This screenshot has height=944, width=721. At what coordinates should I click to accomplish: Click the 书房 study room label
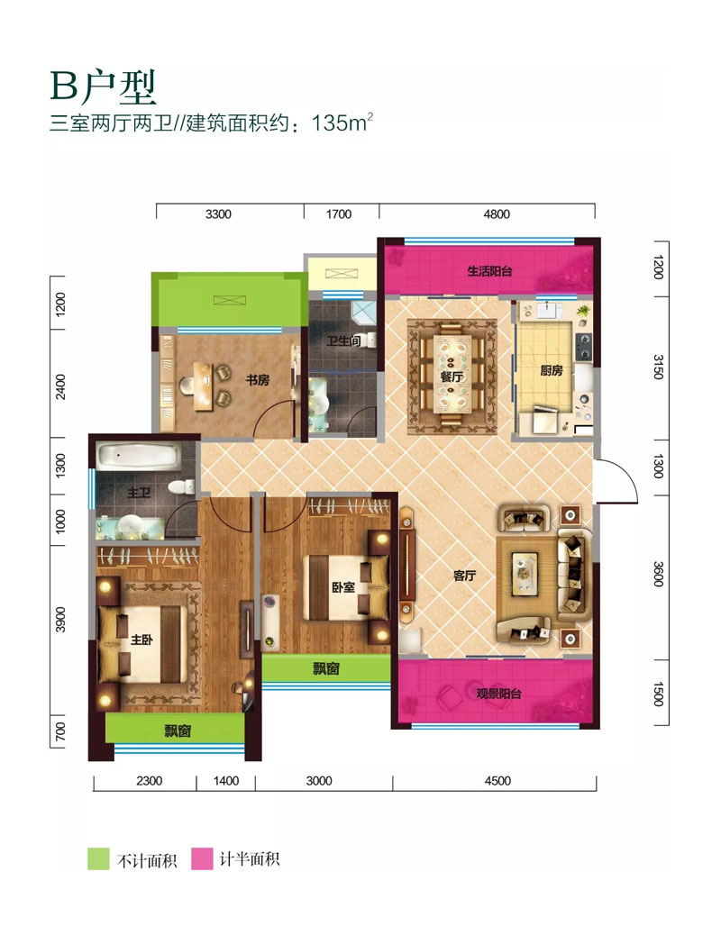click(x=258, y=380)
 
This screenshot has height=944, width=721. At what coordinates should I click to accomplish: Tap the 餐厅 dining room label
click(x=452, y=378)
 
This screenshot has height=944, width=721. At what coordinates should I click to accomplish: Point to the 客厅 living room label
click(x=464, y=576)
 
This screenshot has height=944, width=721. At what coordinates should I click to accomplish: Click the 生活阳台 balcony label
click(x=489, y=270)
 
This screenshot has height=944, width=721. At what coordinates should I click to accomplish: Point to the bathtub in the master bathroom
click(x=140, y=455)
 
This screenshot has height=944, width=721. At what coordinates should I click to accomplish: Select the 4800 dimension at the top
click(x=497, y=214)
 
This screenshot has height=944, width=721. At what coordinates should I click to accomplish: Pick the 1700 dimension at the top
click(x=339, y=214)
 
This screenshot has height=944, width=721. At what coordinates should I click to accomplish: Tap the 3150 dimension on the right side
click(x=659, y=368)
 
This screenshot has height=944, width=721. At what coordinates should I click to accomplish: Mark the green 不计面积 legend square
click(x=97, y=858)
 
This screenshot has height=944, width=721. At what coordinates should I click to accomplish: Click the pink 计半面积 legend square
click(x=202, y=858)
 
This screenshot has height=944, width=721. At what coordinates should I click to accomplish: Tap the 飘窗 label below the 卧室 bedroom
click(x=326, y=669)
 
